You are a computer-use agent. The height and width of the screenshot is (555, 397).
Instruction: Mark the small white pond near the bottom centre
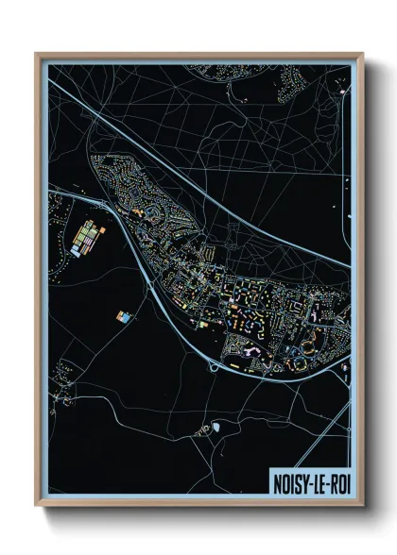[216, 427]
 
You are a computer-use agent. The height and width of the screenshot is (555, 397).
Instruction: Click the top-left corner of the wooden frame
[37, 54]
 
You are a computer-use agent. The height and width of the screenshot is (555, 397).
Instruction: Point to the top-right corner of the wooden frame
[362, 54]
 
